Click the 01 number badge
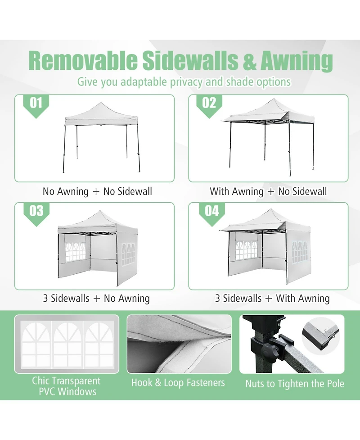coord(36,103)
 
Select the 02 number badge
coord(209,103)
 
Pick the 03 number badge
coord(36,211)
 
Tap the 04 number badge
coord(211,211)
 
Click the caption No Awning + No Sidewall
coord(97,191)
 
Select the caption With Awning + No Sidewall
coord(268,191)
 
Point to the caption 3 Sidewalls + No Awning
coord(96,298)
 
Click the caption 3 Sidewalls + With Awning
coord(272,298)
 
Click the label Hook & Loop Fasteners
coord(178,383)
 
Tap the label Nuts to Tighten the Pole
coord(294,384)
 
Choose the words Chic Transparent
coord(66,381)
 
